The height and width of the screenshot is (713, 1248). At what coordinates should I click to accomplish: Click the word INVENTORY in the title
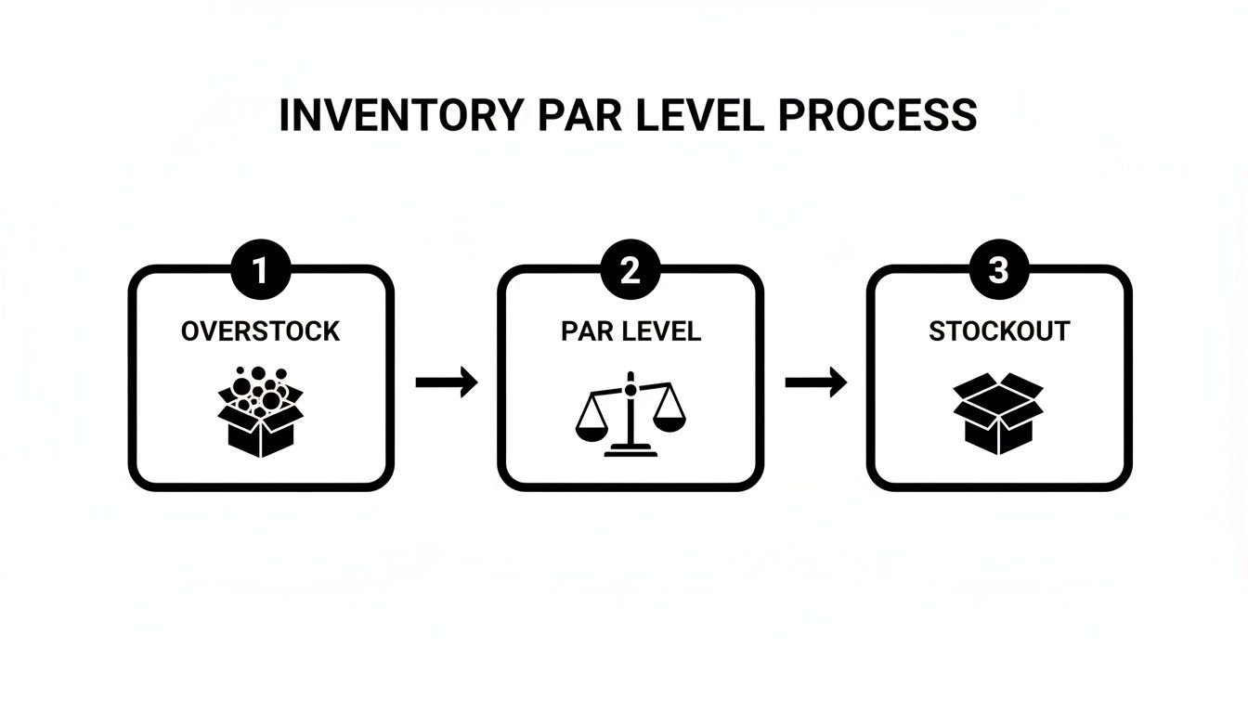401,115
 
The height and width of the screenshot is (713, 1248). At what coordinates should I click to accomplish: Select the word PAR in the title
579,115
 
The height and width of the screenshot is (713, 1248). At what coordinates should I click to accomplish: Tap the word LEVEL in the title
700,115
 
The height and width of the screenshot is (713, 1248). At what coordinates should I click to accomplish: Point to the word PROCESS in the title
877,115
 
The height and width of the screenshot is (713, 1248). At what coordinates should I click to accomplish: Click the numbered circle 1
261,270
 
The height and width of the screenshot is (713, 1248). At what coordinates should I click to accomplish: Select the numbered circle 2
630,270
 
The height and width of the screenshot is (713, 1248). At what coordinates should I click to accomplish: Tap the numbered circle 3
999,269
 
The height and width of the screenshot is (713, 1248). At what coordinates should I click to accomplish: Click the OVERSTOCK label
260,331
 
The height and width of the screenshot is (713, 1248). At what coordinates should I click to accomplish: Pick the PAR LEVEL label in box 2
630,331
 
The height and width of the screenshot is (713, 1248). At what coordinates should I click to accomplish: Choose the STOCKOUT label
999,331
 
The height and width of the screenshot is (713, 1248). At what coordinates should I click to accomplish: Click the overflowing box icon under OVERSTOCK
261,412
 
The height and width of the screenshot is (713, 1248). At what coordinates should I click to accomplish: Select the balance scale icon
630,414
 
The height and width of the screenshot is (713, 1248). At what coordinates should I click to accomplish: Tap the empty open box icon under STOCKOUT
998,414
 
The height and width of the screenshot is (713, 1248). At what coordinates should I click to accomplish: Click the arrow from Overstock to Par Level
447,382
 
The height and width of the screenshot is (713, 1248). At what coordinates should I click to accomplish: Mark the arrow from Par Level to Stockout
816,382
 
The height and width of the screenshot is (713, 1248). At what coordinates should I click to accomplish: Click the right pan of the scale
669,423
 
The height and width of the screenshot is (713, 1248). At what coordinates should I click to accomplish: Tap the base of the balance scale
630,450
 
